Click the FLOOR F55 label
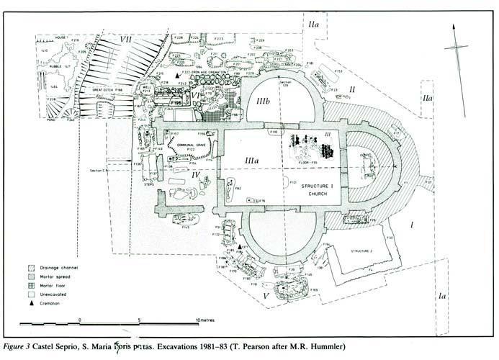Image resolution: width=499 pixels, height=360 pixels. click(310, 163)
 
